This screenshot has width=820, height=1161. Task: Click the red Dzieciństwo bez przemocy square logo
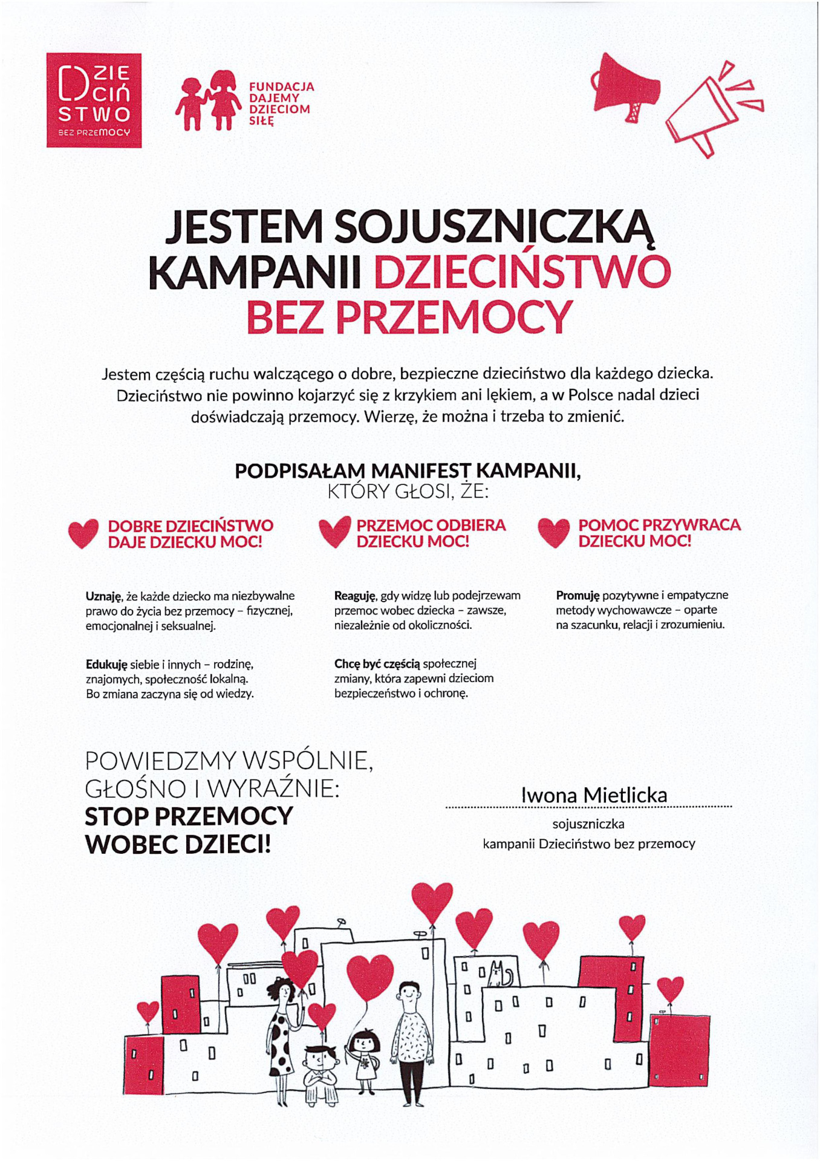[x=94, y=100]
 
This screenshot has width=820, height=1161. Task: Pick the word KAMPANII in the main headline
[x=255, y=273]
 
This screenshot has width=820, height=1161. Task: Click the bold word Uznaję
[x=104, y=596]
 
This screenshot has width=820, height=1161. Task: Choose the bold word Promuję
[x=578, y=596]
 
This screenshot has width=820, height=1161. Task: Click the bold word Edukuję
[x=106, y=664]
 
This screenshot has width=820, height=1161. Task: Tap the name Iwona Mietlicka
[x=594, y=795]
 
